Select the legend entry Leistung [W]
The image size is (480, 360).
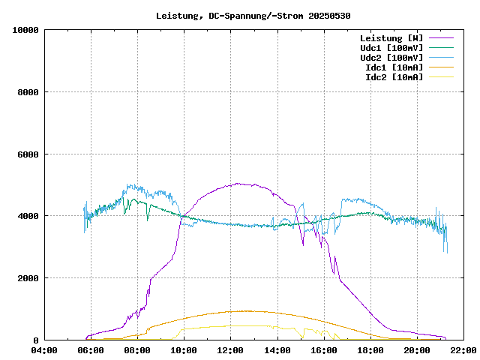pyautogui.click(x=391, y=37)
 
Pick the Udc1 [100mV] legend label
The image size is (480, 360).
pyautogui.click(x=391, y=47)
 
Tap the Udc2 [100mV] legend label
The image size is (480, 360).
pyautogui.click(x=391, y=57)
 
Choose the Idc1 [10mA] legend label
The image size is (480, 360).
pyautogui.click(x=394, y=67)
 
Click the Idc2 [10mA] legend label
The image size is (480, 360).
pyautogui.click(x=394, y=76)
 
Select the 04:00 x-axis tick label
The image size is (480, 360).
pyautogui.click(x=44, y=350)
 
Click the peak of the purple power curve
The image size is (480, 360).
pyautogui.click(x=237, y=183)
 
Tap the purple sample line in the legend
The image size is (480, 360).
pyautogui.click(x=442, y=37)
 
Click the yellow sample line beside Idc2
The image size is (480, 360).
pyautogui.click(x=442, y=76)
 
